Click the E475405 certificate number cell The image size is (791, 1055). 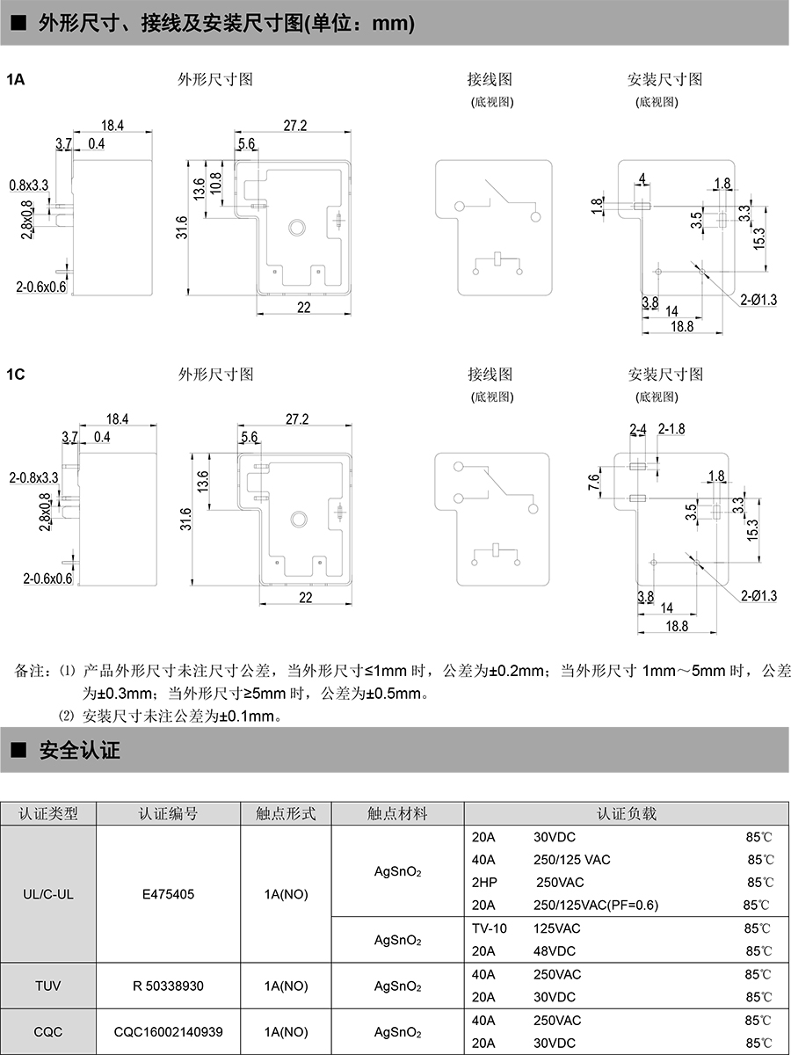pyautogui.click(x=168, y=894)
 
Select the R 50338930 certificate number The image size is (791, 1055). pyautogui.click(x=168, y=986)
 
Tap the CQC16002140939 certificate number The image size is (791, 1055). pyautogui.click(x=168, y=1031)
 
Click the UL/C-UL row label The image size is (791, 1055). pyautogui.click(x=47, y=894)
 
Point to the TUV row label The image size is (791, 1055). pyautogui.click(x=47, y=986)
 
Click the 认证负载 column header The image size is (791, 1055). pyautogui.click(x=626, y=814)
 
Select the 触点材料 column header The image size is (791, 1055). pyautogui.click(x=397, y=814)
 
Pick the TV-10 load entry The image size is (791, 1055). pyautogui.click(x=490, y=928)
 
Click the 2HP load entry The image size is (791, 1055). pyautogui.click(x=485, y=883)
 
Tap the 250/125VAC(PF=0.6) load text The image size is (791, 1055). pyautogui.click(x=596, y=906)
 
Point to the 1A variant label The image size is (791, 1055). pyautogui.click(x=16, y=80)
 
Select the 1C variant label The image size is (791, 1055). pyautogui.click(x=16, y=375)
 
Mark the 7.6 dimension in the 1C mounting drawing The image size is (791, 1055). pyautogui.click(x=593, y=482)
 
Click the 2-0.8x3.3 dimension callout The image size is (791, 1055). pyautogui.click(x=33, y=477)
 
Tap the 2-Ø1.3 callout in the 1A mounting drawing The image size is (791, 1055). pyautogui.click(x=758, y=300)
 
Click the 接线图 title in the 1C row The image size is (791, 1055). pyautogui.click(x=490, y=375)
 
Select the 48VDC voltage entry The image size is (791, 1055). pyautogui.click(x=556, y=951)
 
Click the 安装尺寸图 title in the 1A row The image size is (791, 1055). pyautogui.click(x=664, y=79)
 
